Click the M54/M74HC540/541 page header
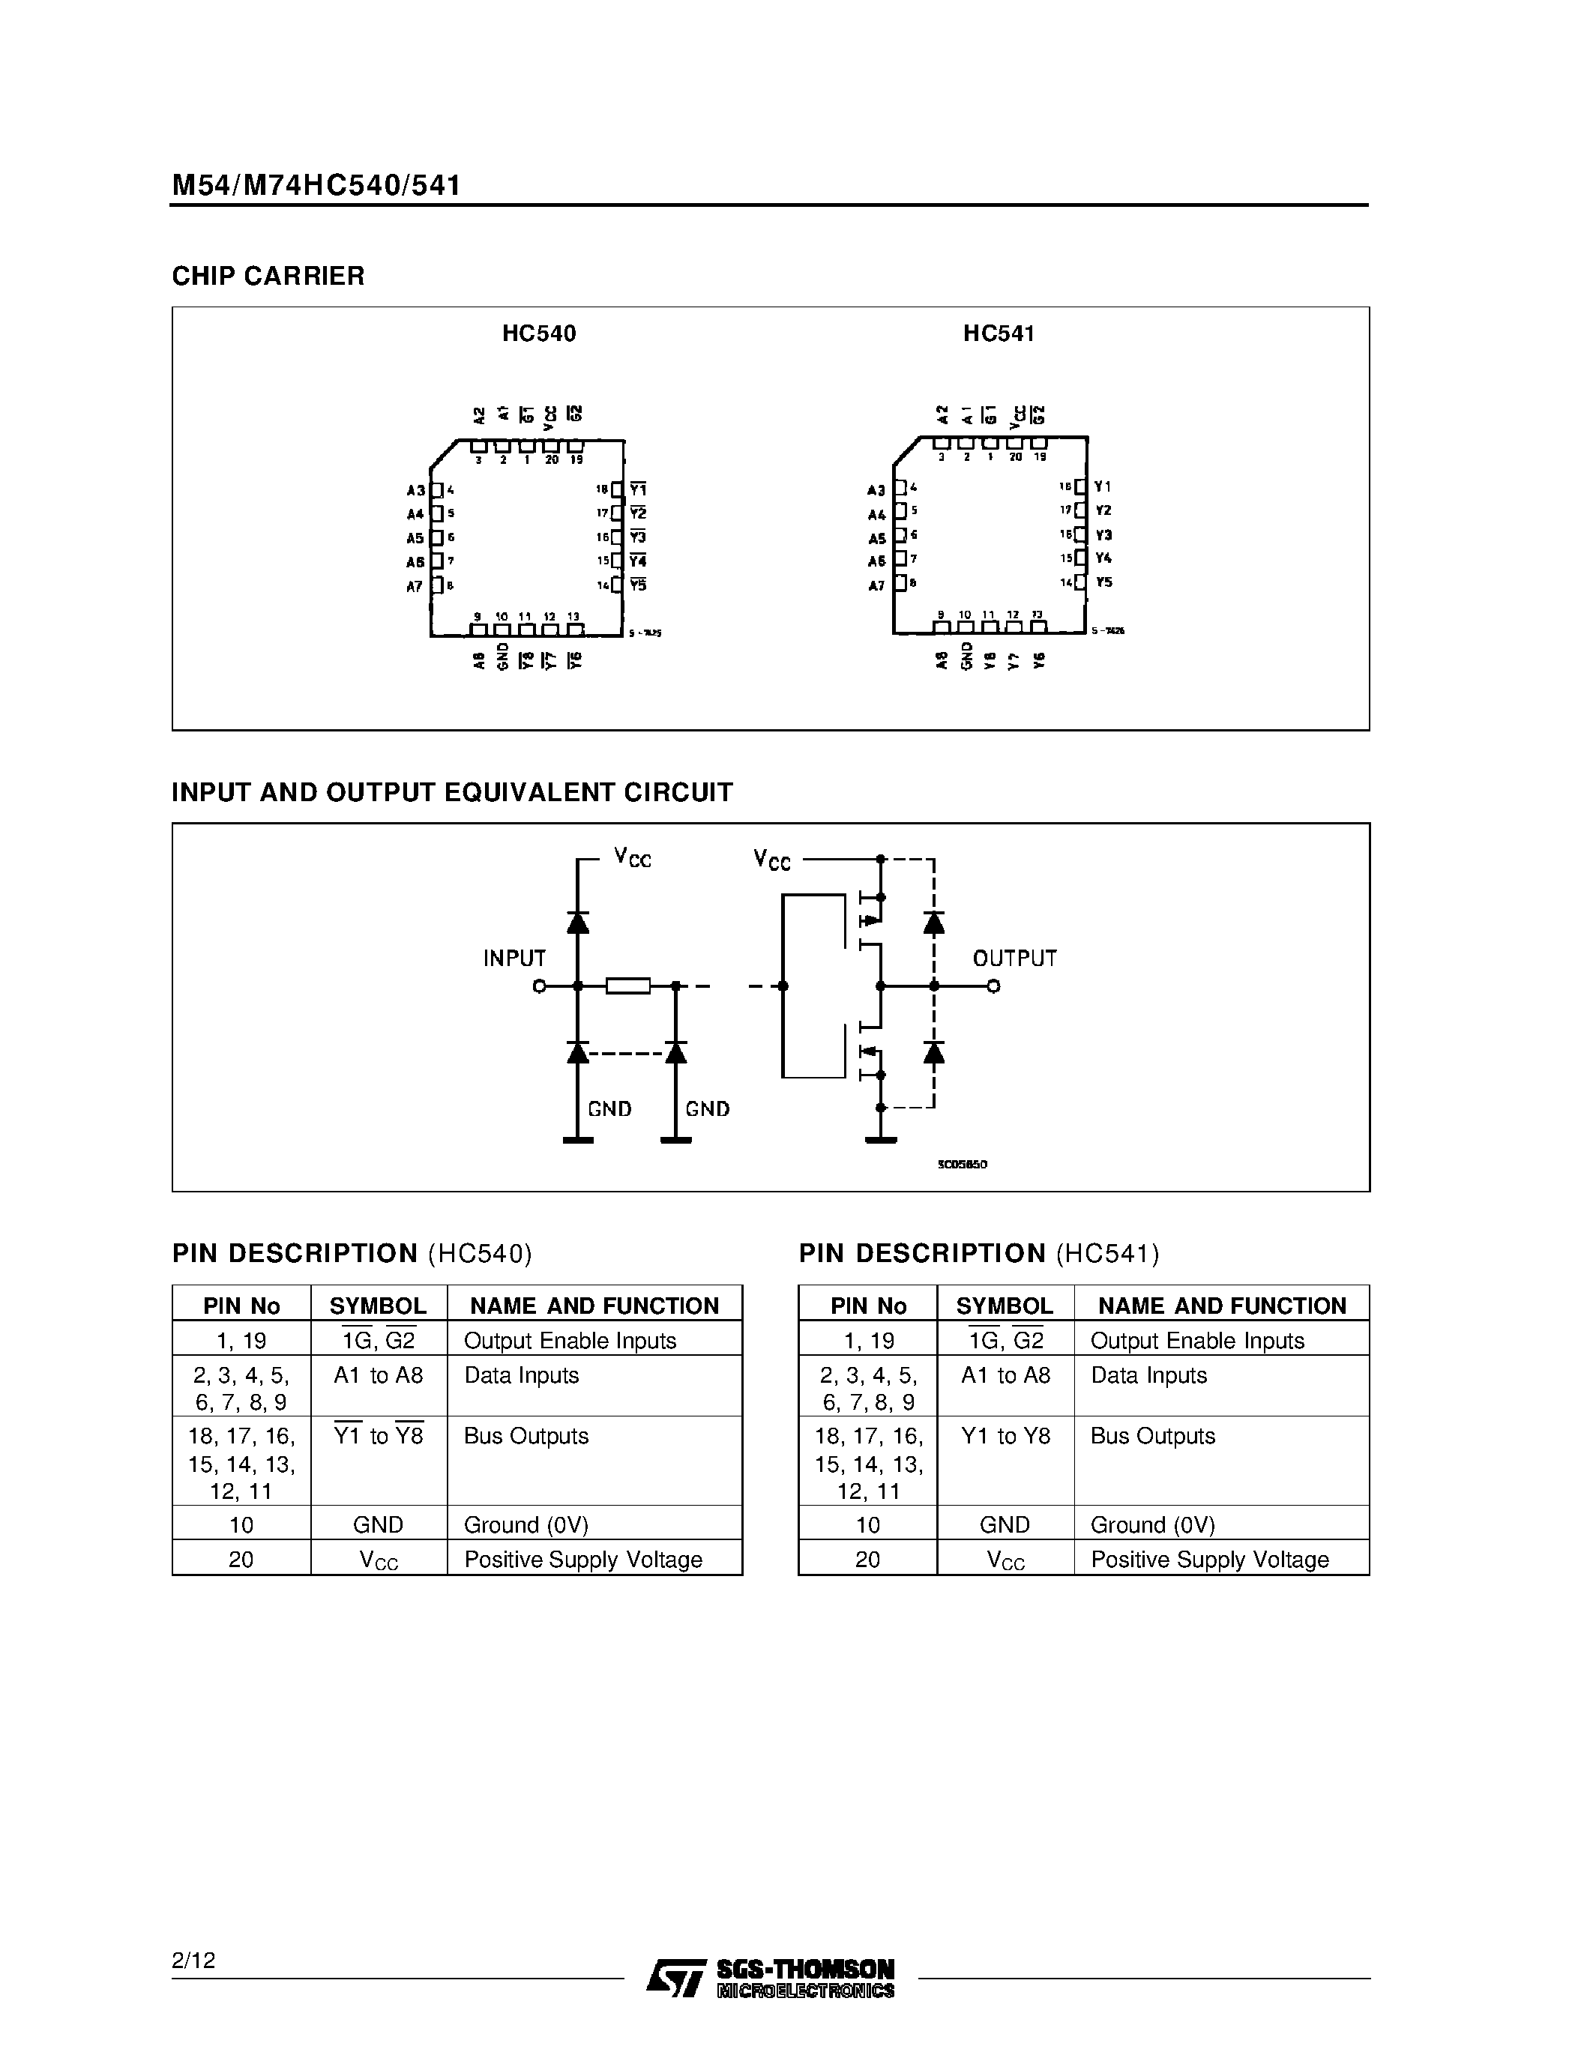pos(316,185)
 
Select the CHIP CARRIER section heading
pos(268,277)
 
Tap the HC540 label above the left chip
pos(539,334)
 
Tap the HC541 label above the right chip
pos(999,334)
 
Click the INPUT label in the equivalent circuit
pos(514,959)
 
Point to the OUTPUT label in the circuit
pos(1014,959)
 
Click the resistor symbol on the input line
pos(627,986)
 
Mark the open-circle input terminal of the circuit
pos(539,986)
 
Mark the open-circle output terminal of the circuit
pos(993,986)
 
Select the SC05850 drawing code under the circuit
pos(962,1165)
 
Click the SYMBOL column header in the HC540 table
pos(378,1306)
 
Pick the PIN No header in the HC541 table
pos(867,1306)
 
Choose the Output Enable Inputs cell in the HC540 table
pos(570,1341)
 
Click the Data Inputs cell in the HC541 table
pos(1148,1376)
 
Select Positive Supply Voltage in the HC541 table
pos(1209,1560)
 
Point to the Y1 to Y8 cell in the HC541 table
pos(1005,1436)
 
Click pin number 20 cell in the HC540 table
pos(241,1560)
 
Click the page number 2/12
pos(193,1961)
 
